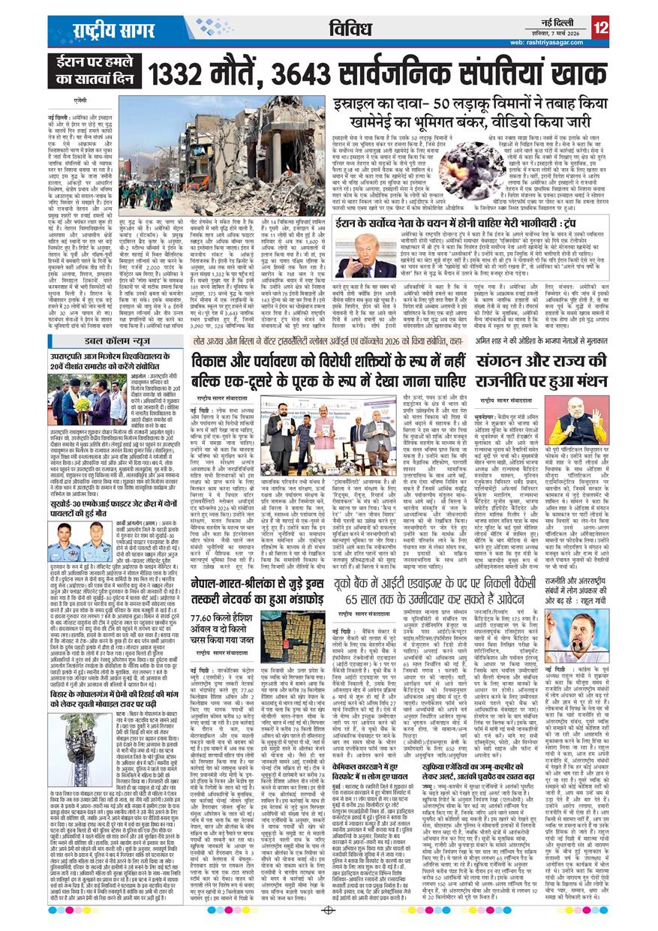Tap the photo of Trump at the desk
pyautogui.click(x=368, y=252)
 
